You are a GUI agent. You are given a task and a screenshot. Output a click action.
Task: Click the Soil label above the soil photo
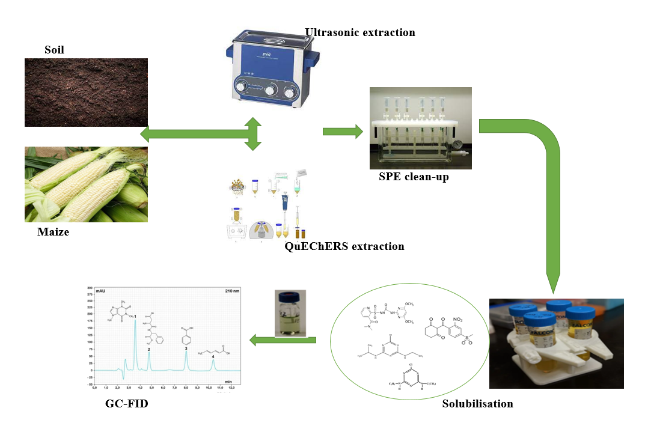point(54,50)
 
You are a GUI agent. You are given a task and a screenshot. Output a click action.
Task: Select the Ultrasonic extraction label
point(359,32)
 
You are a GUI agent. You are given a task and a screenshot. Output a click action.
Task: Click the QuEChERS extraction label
point(344,246)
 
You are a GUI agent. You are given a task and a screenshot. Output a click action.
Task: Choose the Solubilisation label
point(477,404)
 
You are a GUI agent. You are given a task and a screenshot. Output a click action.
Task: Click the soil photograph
point(86,92)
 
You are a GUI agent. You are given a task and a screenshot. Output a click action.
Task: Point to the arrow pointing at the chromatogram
point(283,341)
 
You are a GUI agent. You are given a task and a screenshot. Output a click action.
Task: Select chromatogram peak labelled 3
point(186,351)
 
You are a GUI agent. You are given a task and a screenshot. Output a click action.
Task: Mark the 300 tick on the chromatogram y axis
point(89,288)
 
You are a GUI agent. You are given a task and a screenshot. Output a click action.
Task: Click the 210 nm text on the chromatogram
point(231,290)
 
